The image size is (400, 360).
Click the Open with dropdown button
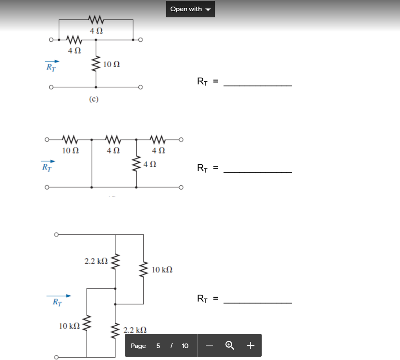tap(190, 9)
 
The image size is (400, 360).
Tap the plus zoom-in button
tap(250, 345)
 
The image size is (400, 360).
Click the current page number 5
tap(158, 346)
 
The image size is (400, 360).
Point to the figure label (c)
tap(94, 99)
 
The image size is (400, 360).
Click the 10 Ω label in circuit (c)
tap(112, 64)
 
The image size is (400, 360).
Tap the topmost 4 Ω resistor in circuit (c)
tap(95, 19)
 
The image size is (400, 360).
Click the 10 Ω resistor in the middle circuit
tap(69, 139)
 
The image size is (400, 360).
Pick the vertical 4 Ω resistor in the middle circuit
tap(137, 164)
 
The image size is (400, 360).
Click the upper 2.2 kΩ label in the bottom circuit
tap(96, 261)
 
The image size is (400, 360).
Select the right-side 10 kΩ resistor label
tap(162, 270)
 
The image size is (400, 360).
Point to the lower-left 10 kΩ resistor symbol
tap(87, 326)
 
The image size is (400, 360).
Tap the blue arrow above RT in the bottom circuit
tap(59, 296)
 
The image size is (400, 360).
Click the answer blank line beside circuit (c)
tap(257, 85)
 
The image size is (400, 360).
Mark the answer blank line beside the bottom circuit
tap(257, 303)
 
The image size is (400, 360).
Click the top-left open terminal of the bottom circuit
tap(56, 234)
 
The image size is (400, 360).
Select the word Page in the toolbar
tap(138, 346)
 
